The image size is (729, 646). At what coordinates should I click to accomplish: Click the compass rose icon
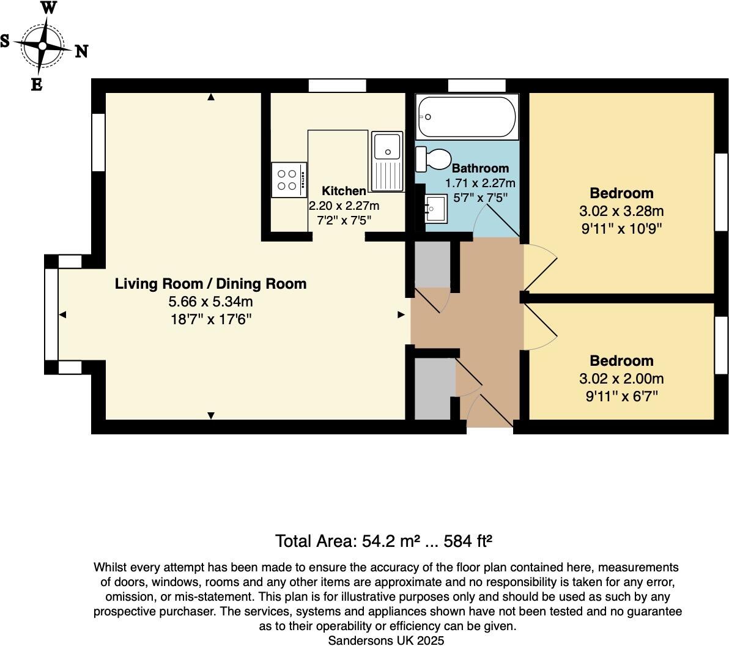pyautogui.click(x=43, y=46)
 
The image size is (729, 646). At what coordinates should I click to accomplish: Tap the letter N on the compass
pyautogui.click(x=81, y=51)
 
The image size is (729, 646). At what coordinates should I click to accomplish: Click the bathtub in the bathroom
pyautogui.click(x=466, y=117)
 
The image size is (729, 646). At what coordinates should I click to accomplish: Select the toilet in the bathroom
pyautogui.click(x=432, y=159)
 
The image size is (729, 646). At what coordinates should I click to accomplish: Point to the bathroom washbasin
pyautogui.click(x=437, y=209)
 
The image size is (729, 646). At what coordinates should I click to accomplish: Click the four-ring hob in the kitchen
pyautogui.click(x=289, y=179)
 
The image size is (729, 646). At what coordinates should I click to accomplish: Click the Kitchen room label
pyautogui.click(x=344, y=191)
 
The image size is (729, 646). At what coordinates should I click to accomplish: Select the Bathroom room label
pyautogui.click(x=480, y=168)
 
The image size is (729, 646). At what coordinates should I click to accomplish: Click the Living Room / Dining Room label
pyautogui.click(x=211, y=284)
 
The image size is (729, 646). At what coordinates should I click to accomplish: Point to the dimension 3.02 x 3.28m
pyautogui.click(x=621, y=212)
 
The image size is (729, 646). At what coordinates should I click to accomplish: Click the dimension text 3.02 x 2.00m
pyautogui.click(x=621, y=379)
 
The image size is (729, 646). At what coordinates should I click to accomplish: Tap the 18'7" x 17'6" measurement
pyautogui.click(x=211, y=319)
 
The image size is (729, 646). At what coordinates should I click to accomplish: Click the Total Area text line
pyautogui.click(x=384, y=541)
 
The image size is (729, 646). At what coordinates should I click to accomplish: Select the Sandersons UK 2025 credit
pyautogui.click(x=386, y=640)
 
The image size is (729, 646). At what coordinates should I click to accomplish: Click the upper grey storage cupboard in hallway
pyautogui.click(x=433, y=264)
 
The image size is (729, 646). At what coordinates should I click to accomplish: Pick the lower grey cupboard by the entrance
pyautogui.click(x=435, y=389)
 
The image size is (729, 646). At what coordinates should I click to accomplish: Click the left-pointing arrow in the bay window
pyautogui.click(x=62, y=314)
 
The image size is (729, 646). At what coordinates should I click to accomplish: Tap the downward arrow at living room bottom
pyautogui.click(x=211, y=415)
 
